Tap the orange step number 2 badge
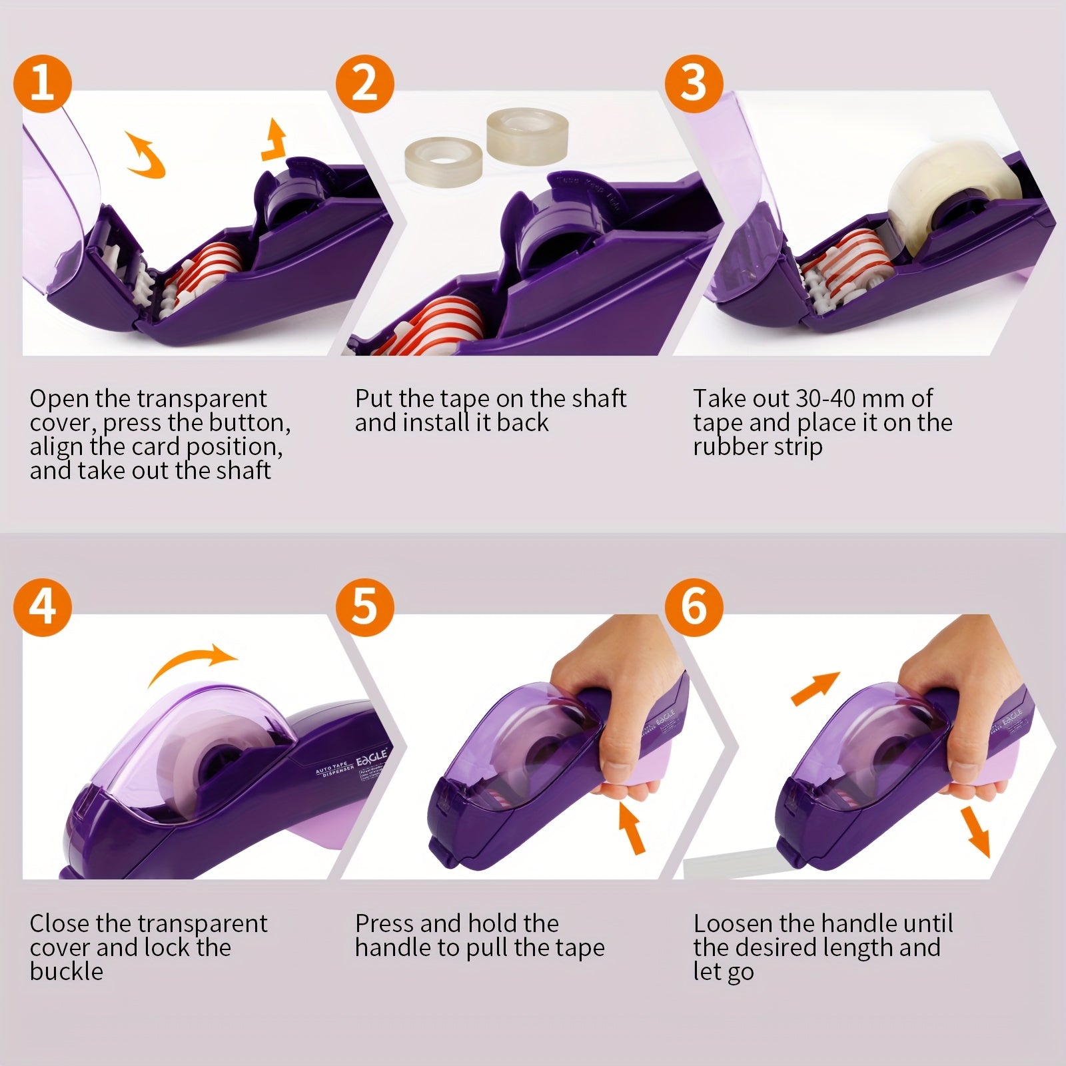[364, 85]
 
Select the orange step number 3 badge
[694, 85]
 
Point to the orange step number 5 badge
[364, 607]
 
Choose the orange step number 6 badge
[694, 607]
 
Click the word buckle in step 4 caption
[67, 971]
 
